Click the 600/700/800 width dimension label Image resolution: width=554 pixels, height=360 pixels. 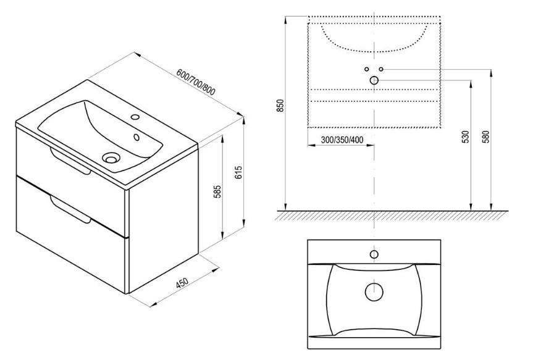pyautogui.click(x=195, y=82)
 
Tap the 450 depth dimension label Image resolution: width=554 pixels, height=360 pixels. pyautogui.click(x=182, y=283)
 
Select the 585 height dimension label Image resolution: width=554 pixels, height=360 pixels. pyautogui.click(x=218, y=191)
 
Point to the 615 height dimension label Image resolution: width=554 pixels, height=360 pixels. pyautogui.click(x=239, y=172)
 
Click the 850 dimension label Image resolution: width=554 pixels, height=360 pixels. pyautogui.click(x=280, y=106)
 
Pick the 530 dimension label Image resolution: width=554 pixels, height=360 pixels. pyautogui.click(x=466, y=136)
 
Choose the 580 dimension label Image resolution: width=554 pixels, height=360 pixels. pyautogui.click(x=487, y=136)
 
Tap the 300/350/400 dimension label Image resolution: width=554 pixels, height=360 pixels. pyautogui.click(x=342, y=140)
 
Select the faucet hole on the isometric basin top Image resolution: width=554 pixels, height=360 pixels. pyautogui.click(x=135, y=116)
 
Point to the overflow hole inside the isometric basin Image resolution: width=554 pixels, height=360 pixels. pyautogui.click(x=136, y=136)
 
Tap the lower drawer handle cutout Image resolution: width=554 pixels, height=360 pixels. pyautogui.click(x=70, y=209)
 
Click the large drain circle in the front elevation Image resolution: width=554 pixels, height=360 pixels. pyautogui.click(x=374, y=80)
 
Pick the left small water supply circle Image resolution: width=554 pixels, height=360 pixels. pyautogui.click(x=367, y=69)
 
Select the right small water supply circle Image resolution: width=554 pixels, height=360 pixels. pyautogui.click(x=381, y=69)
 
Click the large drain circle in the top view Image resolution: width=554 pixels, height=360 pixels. pyautogui.click(x=374, y=292)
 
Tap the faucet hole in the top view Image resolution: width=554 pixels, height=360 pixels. pyautogui.click(x=374, y=254)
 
